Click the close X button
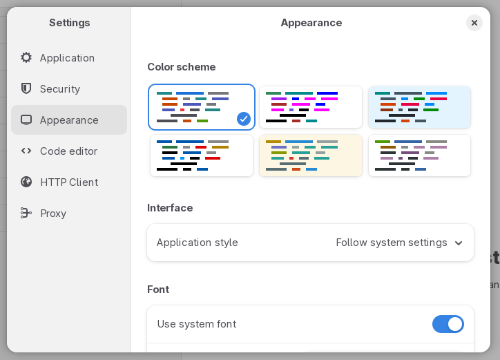tap(474, 23)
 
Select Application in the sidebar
tap(67, 58)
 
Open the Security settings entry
tap(60, 89)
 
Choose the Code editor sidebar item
tap(68, 151)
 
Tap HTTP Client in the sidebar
tap(69, 182)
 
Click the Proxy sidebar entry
tap(53, 214)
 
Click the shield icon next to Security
tap(26, 88)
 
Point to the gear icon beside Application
tap(26, 57)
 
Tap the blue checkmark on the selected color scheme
tap(243, 118)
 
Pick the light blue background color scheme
tap(419, 107)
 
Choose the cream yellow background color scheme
tap(310, 155)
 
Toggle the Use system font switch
tap(448, 324)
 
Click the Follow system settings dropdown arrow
tap(458, 243)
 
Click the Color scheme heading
tap(181, 67)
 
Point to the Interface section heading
tap(170, 208)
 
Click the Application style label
tap(197, 243)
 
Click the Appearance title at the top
tap(311, 23)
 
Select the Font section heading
tap(158, 290)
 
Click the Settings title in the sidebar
tap(69, 23)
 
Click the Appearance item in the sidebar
tap(69, 120)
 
